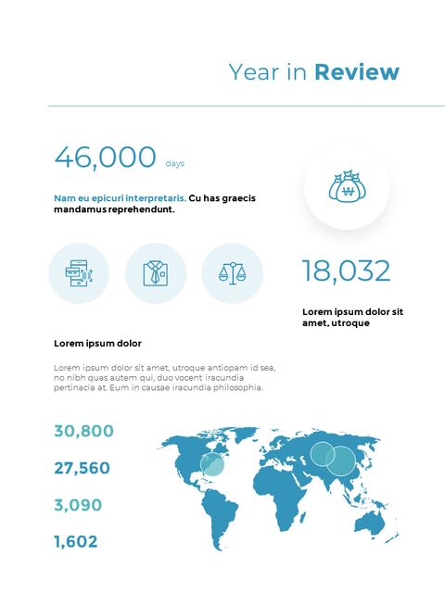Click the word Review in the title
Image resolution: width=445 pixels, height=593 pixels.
click(x=357, y=72)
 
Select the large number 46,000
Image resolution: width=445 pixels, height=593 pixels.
click(x=105, y=158)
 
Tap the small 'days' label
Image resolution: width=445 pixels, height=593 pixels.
click(x=175, y=164)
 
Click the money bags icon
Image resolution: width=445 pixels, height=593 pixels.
click(x=347, y=188)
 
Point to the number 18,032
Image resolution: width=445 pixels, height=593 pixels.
click(x=346, y=271)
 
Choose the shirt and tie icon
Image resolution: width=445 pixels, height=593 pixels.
click(x=156, y=272)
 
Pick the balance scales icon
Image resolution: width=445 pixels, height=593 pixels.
click(x=232, y=272)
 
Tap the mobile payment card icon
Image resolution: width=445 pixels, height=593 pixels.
click(x=79, y=272)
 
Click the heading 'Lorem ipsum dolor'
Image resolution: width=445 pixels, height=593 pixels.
click(x=97, y=344)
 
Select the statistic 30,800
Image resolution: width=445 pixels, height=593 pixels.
click(x=83, y=431)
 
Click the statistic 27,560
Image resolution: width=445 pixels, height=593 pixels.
click(x=82, y=468)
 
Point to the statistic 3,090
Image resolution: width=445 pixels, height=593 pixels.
click(x=78, y=505)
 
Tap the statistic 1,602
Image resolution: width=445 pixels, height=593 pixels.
click(x=75, y=542)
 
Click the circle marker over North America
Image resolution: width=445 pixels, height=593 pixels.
click(x=213, y=464)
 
